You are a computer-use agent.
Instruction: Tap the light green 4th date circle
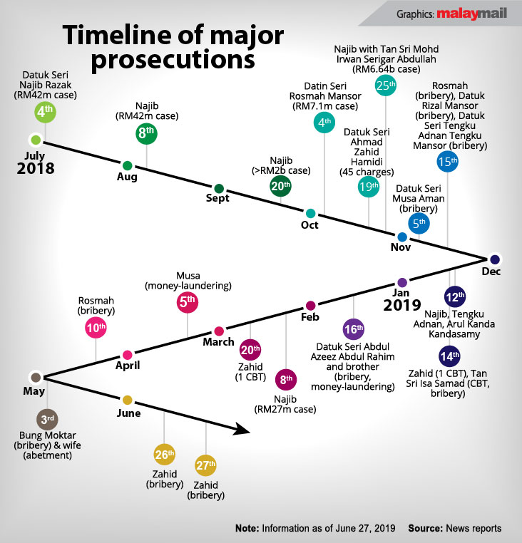45,113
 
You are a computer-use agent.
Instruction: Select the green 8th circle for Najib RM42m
147,133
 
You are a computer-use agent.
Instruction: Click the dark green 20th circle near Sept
281,187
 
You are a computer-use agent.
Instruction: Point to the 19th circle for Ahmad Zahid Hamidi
369,187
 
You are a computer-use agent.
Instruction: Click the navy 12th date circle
454,296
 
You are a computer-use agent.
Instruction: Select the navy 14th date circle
449,356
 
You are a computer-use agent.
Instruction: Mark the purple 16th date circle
353,329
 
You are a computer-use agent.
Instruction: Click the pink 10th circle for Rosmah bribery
96,329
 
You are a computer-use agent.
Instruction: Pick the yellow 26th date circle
165,454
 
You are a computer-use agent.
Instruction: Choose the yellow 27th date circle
206,467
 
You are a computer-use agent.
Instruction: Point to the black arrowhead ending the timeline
242,430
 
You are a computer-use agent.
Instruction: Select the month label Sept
217,199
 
